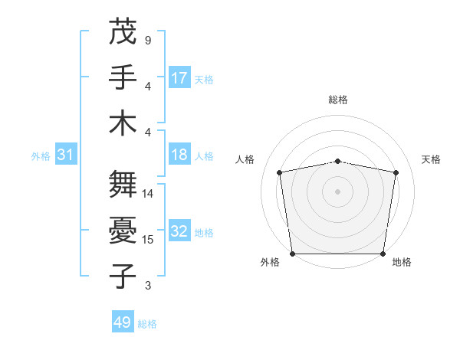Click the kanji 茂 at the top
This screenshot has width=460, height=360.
(123, 32)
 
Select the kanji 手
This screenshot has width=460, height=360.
(123, 77)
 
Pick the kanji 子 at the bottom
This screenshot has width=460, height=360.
(123, 276)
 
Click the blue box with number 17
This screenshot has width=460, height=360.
(179, 77)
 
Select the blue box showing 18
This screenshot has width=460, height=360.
(179, 155)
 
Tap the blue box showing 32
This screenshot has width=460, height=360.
(179, 231)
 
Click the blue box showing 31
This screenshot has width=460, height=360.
(65, 155)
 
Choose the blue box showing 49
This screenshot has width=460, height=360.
(123, 322)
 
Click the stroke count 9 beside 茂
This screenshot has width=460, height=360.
(148, 40)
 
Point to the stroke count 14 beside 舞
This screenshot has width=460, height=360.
(148, 194)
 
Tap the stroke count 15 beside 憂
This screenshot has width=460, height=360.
(148, 240)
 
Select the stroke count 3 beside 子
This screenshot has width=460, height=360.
(148, 286)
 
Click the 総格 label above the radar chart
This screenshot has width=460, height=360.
(337, 100)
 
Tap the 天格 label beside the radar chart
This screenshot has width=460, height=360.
(431, 159)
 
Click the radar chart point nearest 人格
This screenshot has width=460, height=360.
(280, 173)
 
